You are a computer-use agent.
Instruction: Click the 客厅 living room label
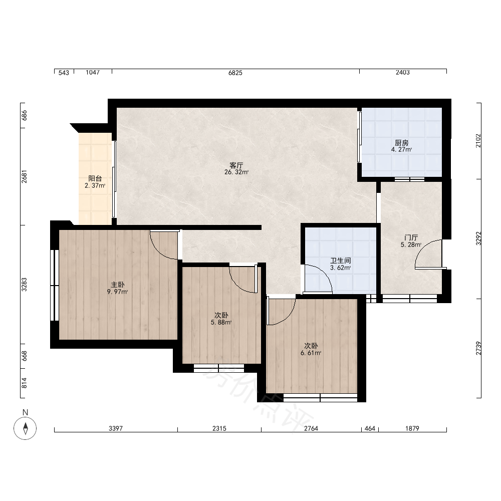tap(236, 165)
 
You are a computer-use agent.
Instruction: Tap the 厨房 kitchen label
tap(402, 143)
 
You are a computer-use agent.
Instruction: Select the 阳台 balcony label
tap(95, 179)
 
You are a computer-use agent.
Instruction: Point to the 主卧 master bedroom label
tap(118, 285)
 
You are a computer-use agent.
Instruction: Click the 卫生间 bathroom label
tap(340, 261)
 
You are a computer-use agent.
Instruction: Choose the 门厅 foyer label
tap(411, 237)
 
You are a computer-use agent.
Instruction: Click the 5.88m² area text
tap(221, 323)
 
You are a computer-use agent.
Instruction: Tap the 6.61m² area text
tap(311, 353)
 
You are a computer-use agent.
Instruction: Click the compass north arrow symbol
tap(25, 428)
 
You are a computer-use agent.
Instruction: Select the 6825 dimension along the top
tap(235, 73)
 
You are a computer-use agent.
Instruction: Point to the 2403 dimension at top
tap(403, 73)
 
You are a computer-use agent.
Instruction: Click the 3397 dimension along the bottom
tap(116, 428)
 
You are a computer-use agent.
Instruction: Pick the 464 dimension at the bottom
tap(370, 428)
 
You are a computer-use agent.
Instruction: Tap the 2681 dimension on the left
tap(24, 177)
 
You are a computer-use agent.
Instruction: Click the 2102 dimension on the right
tap(478, 141)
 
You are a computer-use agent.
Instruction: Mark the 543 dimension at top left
tap(64, 73)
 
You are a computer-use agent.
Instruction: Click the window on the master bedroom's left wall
tap(55, 286)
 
